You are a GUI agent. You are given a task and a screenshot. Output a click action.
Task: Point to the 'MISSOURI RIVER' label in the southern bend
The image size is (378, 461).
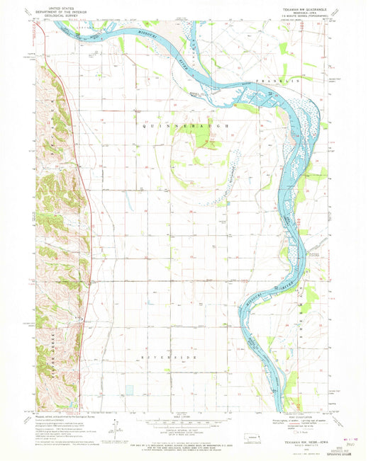pos(257,302)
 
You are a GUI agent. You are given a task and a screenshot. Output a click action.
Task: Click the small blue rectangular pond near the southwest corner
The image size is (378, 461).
pos(66,406)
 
